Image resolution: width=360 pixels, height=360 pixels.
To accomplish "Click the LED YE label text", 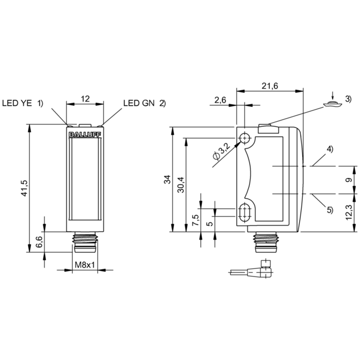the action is coord(17,103).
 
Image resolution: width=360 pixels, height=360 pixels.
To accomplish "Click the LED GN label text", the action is coord(139,103).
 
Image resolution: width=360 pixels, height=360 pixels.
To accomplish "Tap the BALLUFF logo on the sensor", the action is coord(85,135).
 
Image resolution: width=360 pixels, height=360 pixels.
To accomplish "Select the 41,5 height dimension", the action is coord(24,188).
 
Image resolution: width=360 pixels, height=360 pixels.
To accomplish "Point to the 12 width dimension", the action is coord(85,99).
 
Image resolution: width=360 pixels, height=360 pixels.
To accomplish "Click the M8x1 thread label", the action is coord(85,265).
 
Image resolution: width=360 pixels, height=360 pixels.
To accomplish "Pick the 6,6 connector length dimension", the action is coord(39,242).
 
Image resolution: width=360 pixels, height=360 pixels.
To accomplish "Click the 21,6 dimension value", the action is coord(270,86).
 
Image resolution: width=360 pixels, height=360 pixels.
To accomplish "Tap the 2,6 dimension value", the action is coord(220,100).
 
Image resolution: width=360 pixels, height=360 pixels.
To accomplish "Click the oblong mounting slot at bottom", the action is coord(245,212).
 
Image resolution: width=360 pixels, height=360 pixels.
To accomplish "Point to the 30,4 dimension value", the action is coord(181,184).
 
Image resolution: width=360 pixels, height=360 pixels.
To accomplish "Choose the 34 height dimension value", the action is coord(167,179).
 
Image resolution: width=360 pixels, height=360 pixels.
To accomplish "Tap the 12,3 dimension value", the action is coord(349,212).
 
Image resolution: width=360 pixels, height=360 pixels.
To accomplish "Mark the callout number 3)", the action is coord(348,99).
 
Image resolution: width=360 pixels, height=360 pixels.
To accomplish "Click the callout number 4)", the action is coord(330,149).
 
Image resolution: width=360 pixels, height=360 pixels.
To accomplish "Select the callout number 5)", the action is coord(330,210).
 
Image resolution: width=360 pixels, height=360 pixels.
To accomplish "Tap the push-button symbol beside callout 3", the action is coord(333,104).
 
